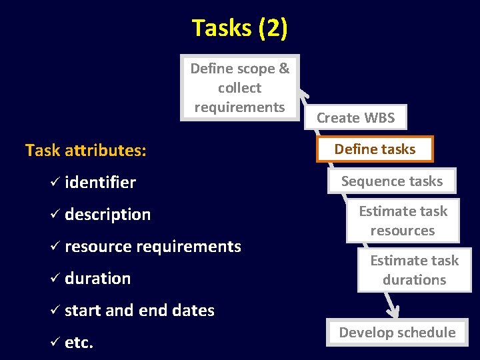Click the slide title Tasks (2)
click(x=239, y=28)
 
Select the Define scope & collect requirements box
click(x=240, y=87)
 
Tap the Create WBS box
click(x=355, y=118)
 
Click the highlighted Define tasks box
click(x=375, y=149)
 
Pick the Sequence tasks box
click(x=392, y=181)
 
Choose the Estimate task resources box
click(x=403, y=221)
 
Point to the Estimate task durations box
click(x=414, y=270)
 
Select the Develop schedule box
click(x=397, y=332)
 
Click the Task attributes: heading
click(x=86, y=151)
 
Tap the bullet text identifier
click(x=100, y=183)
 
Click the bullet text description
click(x=108, y=215)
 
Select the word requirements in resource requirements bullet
click(x=189, y=247)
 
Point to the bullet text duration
click(x=97, y=279)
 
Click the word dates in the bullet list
click(x=193, y=311)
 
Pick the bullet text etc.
click(x=79, y=343)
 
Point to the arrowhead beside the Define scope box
click(x=303, y=94)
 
